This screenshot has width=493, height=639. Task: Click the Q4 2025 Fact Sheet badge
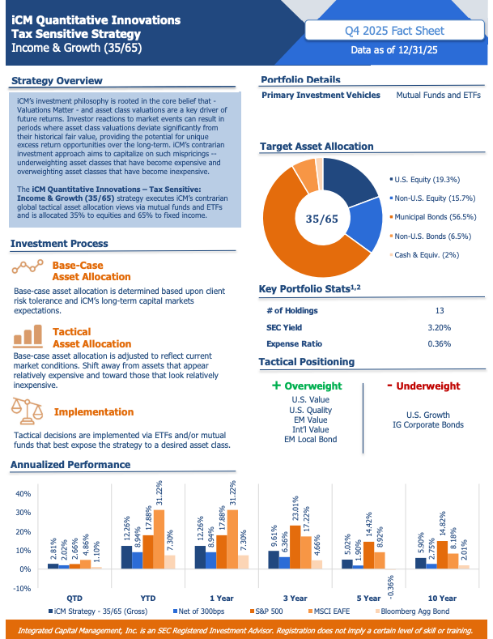pyautogui.click(x=394, y=31)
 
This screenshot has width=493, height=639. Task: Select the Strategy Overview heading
pyautogui.click(x=57, y=80)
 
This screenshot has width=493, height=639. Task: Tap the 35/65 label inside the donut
pyautogui.click(x=321, y=219)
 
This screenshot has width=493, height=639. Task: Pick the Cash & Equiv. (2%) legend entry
pyautogui.click(x=428, y=255)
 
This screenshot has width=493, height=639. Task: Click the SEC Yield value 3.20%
pyautogui.click(x=439, y=327)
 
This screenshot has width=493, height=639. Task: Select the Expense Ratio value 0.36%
pyautogui.click(x=439, y=343)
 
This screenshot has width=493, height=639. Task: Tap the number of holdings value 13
pyautogui.click(x=439, y=310)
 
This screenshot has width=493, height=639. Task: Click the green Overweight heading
pyautogui.click(x=307, y=386)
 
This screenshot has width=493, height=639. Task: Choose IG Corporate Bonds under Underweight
pyautogui.click(x=428, y=424)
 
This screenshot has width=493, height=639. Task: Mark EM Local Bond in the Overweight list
pyautogui.click(x=311, y=440)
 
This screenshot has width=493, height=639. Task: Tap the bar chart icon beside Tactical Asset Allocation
pyautogui.click(x=28, y=334)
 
